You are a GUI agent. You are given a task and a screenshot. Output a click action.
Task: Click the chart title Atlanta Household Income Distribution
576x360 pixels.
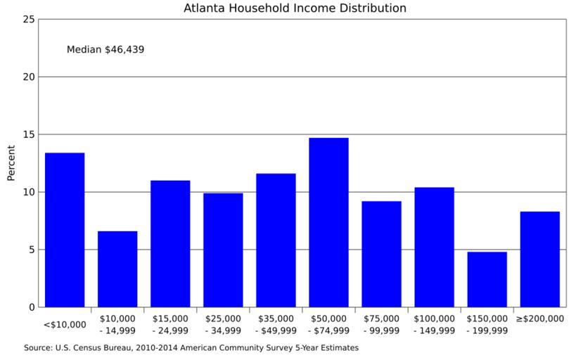pos(295,8)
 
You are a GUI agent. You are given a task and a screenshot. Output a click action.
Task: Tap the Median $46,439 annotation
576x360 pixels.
pos(105,50)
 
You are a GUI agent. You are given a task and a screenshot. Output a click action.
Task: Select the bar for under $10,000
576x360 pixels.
pos(65,230)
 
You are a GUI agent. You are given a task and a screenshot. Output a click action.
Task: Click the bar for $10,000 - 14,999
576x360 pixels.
pos(117,269)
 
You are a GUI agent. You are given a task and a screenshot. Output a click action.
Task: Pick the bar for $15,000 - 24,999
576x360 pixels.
pos(170,244)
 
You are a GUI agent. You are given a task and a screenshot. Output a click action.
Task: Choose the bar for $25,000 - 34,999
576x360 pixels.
pos(223,250)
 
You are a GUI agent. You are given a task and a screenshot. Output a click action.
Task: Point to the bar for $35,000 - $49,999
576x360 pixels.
pos(276,240)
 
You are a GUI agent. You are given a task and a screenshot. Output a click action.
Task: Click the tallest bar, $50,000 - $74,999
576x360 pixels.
pos(328,222)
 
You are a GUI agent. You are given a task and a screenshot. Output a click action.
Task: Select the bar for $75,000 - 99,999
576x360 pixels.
pos(381,254)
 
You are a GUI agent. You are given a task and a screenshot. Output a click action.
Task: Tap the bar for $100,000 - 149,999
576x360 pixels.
pos(434,247)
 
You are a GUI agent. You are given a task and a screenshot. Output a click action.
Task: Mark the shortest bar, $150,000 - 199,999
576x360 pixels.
pos(487,279)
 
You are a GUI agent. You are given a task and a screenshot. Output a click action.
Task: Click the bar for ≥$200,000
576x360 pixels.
pos(539,259)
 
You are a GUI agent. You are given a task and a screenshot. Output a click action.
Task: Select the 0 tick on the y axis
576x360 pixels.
pos(31,307)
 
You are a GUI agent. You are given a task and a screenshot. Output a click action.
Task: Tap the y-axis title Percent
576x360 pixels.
pos(11,163)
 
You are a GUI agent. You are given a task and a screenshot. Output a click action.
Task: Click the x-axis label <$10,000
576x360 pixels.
pos(65,324)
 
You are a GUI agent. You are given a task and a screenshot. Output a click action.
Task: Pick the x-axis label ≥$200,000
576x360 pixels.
pos(539,319)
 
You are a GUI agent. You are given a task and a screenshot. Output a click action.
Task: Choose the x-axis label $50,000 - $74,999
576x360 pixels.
pos(328,324)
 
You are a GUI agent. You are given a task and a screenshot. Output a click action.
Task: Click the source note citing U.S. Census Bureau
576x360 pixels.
pos(191,347)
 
